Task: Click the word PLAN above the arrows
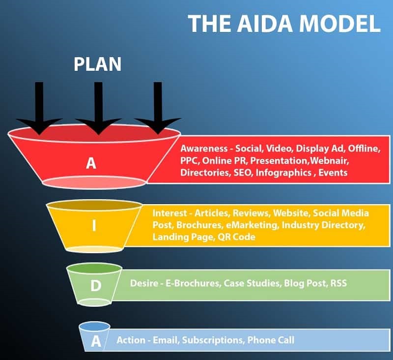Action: (97, 64)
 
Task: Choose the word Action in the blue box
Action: (131, 340)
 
